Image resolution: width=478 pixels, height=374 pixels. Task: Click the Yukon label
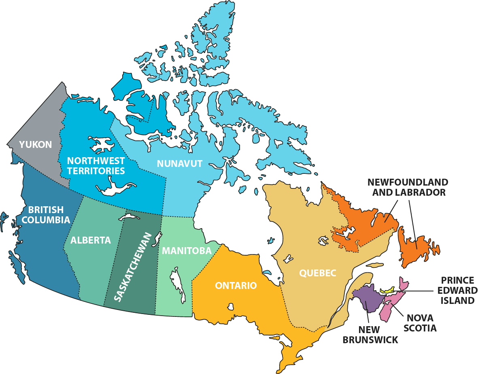(x=36, y=144)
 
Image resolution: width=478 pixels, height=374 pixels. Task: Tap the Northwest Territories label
(x=96, y=166)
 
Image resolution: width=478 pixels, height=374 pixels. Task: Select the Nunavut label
(x=180, y=164)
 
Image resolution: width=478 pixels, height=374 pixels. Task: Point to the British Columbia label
(x=46, y=215)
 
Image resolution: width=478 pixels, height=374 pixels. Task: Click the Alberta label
(x=91, y=240)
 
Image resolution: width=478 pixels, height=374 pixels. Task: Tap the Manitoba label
(x=187, y=251)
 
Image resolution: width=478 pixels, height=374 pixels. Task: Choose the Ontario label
(x=236, y=286)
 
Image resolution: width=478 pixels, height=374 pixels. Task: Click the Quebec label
(x=318, y=273)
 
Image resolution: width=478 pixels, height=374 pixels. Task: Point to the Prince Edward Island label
(x=457, y=290)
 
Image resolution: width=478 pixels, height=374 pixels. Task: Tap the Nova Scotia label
(x=422, y=323)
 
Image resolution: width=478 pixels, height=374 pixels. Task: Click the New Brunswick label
(x=370, y=335)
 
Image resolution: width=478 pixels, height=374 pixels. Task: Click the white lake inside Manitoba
(x=177, y=284)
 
